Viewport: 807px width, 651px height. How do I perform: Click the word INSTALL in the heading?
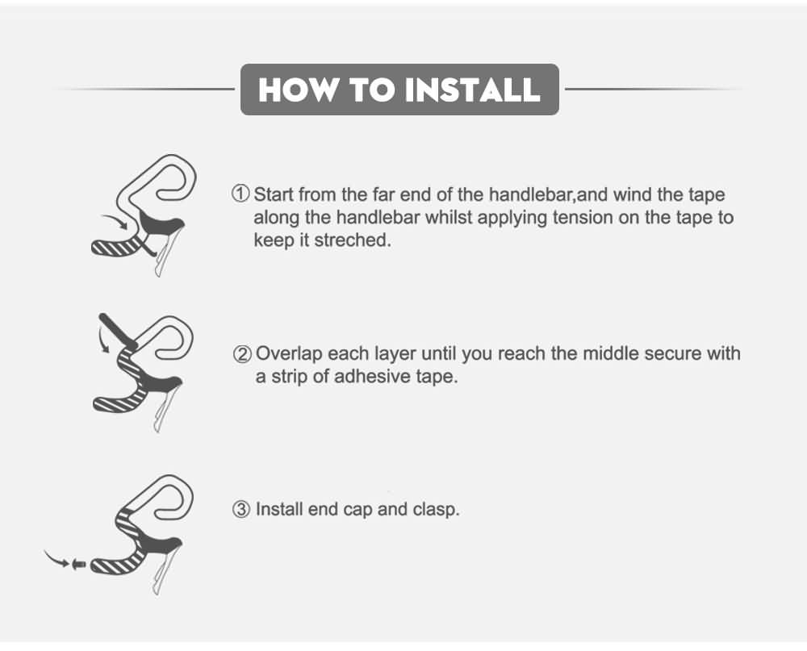(x=472, y=90)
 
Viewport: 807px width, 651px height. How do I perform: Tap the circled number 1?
(x=240, y=194)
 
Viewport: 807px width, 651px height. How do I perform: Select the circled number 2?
(x=242, y=354)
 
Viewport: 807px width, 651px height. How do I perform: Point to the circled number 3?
(x=241, y=510)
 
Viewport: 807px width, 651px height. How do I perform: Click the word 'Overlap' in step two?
(x=289, y=355)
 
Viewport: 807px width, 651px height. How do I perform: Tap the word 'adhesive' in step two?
(x=368, y=376)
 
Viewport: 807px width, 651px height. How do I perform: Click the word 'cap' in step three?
(x=358, y=511)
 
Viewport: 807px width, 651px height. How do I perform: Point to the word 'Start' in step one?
(x=274, y=194)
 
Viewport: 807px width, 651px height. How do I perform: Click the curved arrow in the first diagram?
(x=115, y=220)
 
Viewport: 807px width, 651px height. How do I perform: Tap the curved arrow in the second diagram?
(x=102, y=340)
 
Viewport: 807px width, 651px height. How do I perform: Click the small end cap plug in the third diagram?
(x=79, y=564)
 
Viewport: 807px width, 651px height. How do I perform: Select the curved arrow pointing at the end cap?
(x=55, y=559)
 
